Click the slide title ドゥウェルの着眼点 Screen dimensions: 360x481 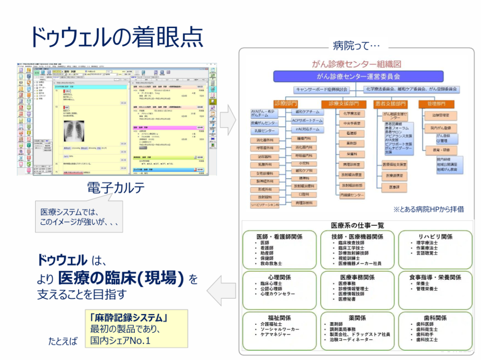116,37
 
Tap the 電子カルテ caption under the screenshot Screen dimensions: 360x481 115,188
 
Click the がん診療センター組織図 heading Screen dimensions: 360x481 357,64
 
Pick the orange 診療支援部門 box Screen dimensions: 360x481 343,103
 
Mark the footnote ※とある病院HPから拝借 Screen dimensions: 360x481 428,209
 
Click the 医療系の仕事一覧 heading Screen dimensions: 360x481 357,226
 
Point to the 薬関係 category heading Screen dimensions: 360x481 357,318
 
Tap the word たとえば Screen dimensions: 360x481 63,341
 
